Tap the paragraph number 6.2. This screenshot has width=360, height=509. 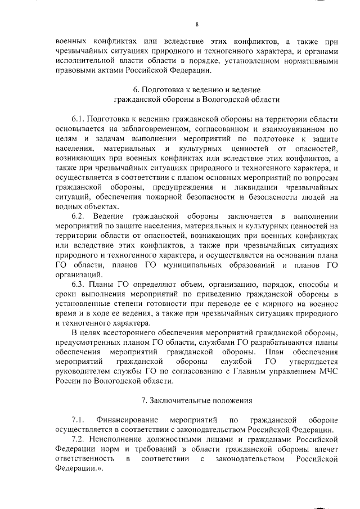(x=78, y=216)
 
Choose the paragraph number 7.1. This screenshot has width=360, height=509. (x=78, y=420)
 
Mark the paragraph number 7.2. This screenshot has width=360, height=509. (x=78, y=440)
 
